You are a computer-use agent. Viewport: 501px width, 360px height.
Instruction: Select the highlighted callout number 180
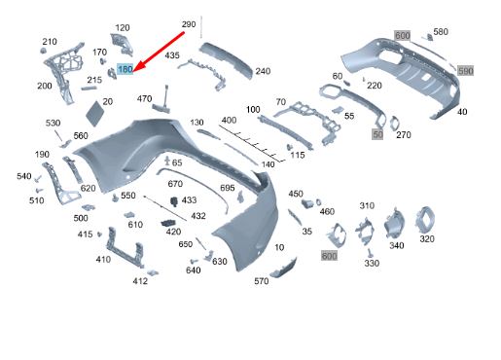pyautogui.click(x=125, y=69)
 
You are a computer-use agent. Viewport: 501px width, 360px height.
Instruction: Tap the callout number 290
pyautogui.click(x=188, y=22)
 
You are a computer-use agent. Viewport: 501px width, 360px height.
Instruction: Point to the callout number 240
pyautogui.click(x=263, y=71)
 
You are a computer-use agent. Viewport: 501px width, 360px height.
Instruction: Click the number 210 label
pyautogui.click(x=50, y=42)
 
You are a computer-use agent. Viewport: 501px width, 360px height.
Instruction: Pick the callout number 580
pyautogui.click(x=441, y=32)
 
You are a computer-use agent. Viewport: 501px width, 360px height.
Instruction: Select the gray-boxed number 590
pyautogui.click(x=465, y=71)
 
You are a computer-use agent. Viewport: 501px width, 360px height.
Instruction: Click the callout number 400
pyautogui.click(x=229, y=120)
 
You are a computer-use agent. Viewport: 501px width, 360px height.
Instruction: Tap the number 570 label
pyautogui.click(x=262, y=281)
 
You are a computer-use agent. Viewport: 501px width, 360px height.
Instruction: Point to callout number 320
pyautogui.click(x=427, y=238)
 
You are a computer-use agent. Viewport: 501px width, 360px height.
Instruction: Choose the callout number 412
pyautogui.click(x=140, y=282)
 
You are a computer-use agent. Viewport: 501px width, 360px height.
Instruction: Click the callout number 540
pyautogui.click(x=23, y=176)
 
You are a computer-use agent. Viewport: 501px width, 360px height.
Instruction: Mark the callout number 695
pyautogui.click(x=228, y=187)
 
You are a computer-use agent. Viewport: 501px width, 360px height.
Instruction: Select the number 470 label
pyautogui.click(x=145, y=99)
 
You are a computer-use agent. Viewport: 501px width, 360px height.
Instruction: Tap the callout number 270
pyautogui.click(x=404, y=134)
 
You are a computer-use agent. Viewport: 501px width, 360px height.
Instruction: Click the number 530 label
pyautogui.click(x=53, y=123)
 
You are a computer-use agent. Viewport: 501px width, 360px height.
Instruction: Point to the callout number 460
pyautogui.click(x=327, y=211)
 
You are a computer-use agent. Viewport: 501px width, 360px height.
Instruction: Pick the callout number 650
pyautogui.click(x=185, y=244)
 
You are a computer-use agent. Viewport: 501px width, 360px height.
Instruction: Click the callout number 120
pyautogui.click(x=123, y=27)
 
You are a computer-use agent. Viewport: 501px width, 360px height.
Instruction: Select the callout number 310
pyautogui.click(x=367, y=206)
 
